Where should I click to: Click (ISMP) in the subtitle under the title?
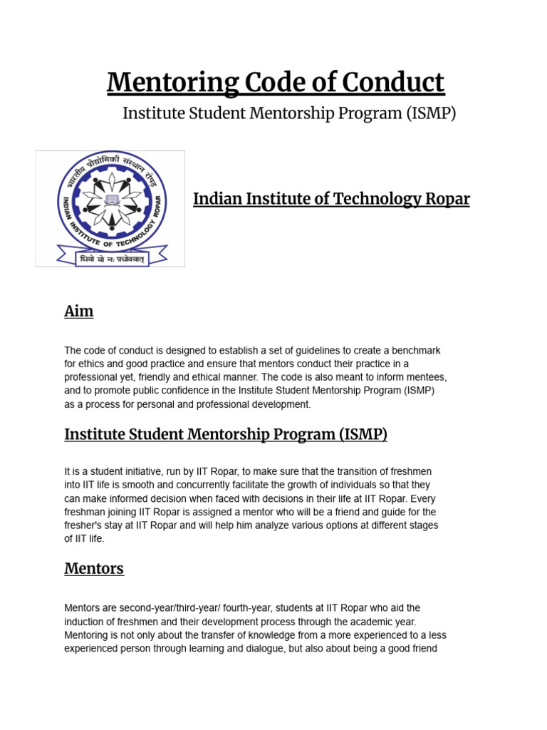pos(432,113)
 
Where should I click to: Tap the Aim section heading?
pos(78,312)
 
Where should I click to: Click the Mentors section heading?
pos(94,568)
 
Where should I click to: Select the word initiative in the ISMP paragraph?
pos(144,472)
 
